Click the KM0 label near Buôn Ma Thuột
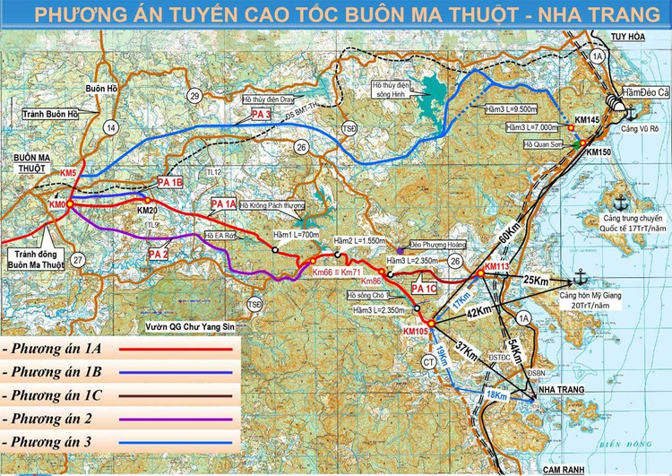[x=59, y=205]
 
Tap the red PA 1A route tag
[x=223, y=205]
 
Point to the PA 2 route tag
[x=158, y=255]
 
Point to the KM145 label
[x=587, y=119]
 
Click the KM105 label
[x=418, y=333]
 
